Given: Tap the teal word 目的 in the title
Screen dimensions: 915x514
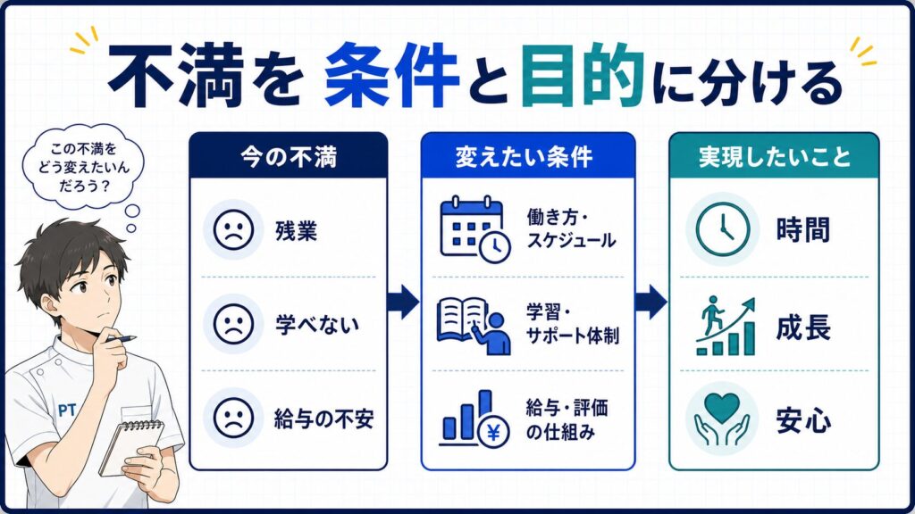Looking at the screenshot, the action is [x=583, y=76].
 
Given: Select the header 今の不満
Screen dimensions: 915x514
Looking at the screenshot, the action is [x=289, y=157].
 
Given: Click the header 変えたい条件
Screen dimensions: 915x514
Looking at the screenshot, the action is [x=524, y=157].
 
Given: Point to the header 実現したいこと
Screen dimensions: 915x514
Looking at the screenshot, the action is [x=775, y=157].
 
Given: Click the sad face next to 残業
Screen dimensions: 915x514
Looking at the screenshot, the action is [x=233, y=229].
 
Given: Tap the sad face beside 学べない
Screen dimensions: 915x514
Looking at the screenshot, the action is [x=233, y=324].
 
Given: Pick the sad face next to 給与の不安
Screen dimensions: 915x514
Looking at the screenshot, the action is [x=233, y=418].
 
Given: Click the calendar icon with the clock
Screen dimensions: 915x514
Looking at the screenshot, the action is [x=475, y=229].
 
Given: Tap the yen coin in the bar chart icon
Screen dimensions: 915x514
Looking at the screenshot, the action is [x=493, y=433].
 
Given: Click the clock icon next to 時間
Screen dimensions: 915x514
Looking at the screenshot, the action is [x=723, y=229].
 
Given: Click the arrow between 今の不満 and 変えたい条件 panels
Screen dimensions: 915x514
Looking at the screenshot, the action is [x=403, y=302].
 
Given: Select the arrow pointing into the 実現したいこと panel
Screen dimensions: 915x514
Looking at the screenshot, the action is [x=651, y=302].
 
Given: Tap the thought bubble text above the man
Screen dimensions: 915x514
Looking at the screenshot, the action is [x=83, y=168].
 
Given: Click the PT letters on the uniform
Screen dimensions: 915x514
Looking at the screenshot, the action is [x=67, y=410].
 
